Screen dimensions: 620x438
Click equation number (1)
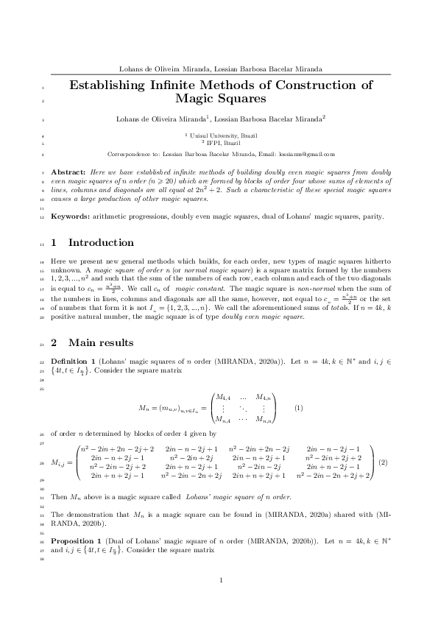(299, 407)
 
